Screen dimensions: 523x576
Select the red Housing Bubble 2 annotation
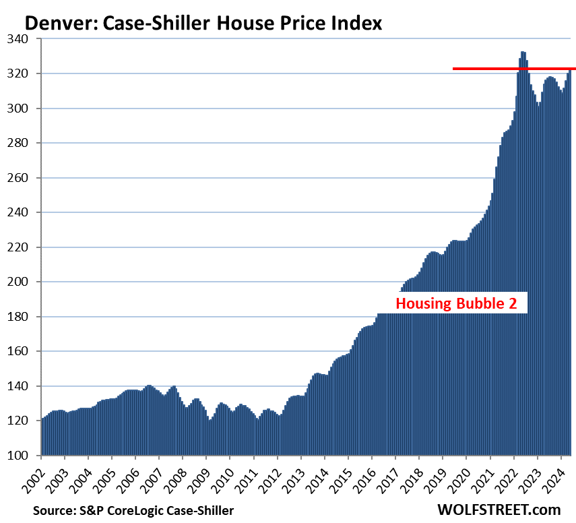[x=456, y=303]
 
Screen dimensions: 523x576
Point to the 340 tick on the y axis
[x=24, y=39]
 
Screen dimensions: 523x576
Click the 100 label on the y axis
[x=24, y=456]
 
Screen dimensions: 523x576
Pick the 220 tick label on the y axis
[x=24, y=247]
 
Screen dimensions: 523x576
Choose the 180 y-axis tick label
[x=24, y=317]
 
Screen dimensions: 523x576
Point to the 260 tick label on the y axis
[x=24, y=178]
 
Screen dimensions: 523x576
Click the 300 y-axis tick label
[x=24, y=109]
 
